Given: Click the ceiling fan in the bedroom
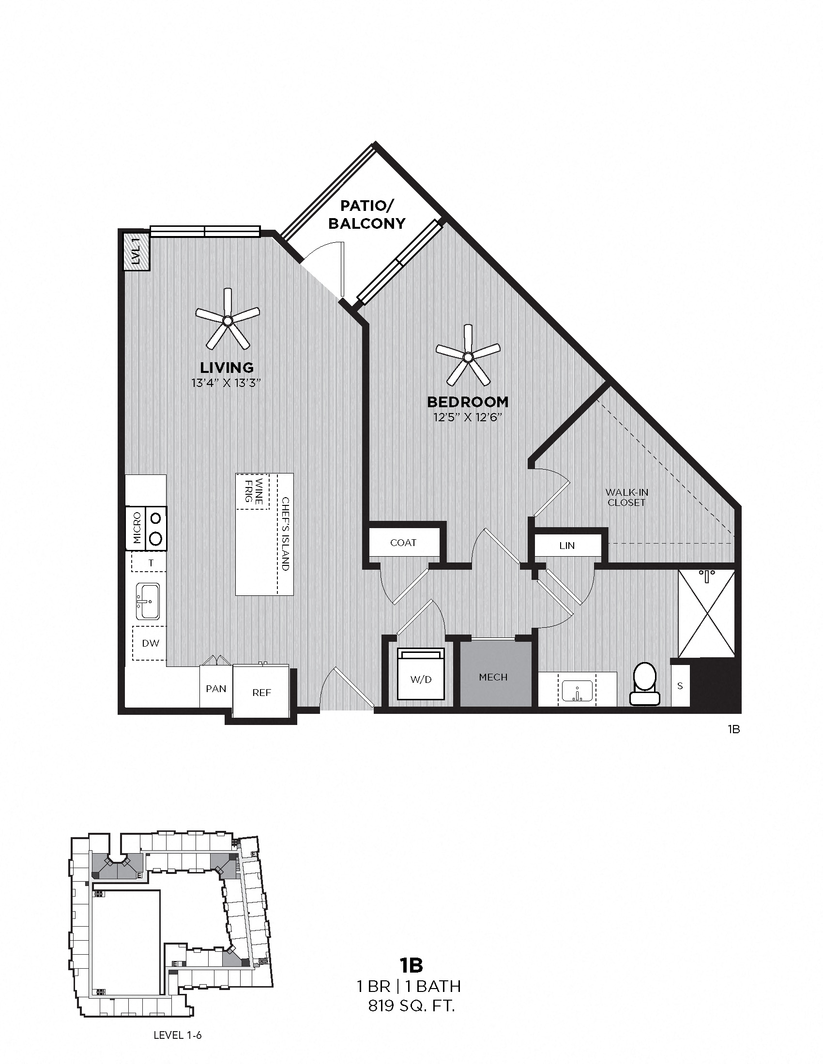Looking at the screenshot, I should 468,357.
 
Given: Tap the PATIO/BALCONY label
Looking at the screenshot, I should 366,214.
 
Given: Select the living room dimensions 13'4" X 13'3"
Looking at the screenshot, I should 227,383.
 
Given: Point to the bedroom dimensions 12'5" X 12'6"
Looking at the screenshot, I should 468,417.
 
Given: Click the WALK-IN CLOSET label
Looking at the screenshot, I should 626,497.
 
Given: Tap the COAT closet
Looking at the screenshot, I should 403,543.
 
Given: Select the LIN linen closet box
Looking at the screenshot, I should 567,546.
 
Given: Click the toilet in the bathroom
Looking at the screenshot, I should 644,684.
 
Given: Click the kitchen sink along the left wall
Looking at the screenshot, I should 148,602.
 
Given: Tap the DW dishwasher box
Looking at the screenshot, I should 150,643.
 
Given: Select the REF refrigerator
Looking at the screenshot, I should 261,692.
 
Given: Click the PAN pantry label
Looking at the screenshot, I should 216,688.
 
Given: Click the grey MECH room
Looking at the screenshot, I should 493,677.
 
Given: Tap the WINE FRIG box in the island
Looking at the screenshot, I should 253,491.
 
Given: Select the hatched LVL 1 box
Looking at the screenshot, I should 136,251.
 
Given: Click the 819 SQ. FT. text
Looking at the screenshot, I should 411,1005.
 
